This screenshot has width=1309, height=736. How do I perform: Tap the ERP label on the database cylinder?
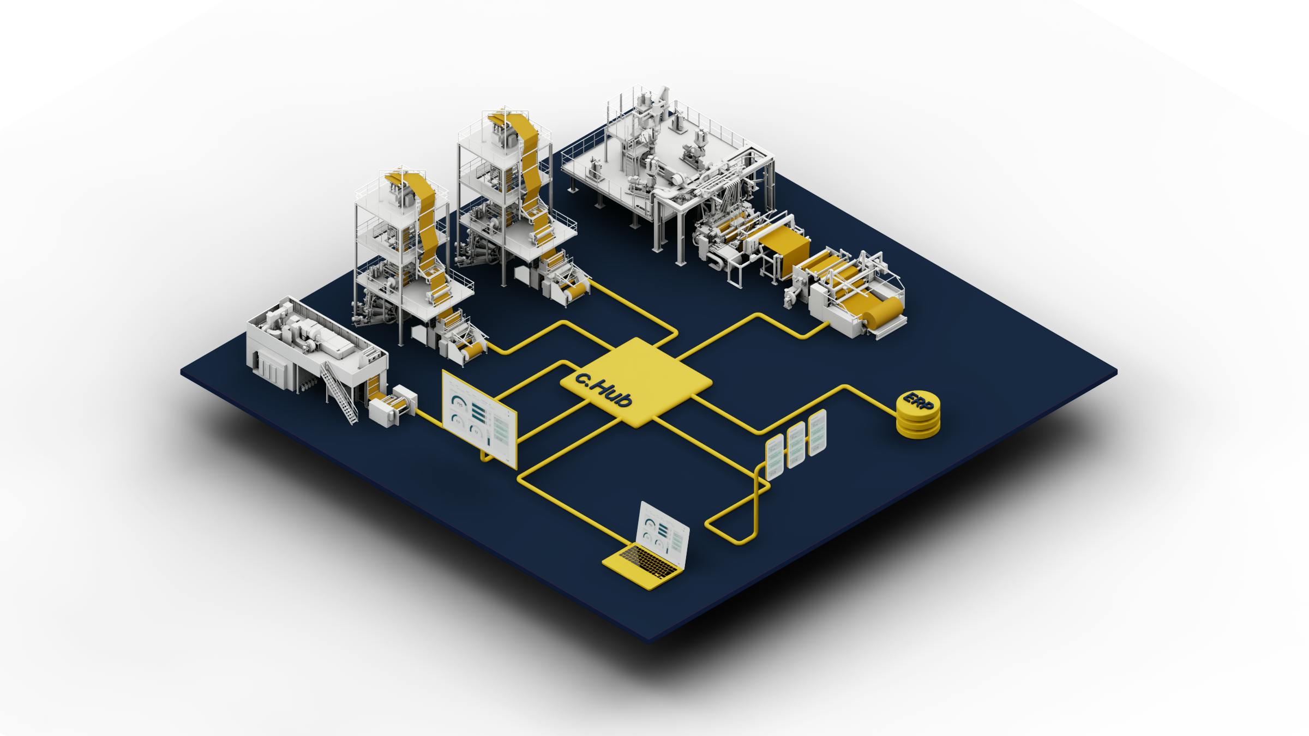(x=918, y=405)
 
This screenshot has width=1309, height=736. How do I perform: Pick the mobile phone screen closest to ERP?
(x=817, y=433)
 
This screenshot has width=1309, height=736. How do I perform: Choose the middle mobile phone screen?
(x=796, y=445)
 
